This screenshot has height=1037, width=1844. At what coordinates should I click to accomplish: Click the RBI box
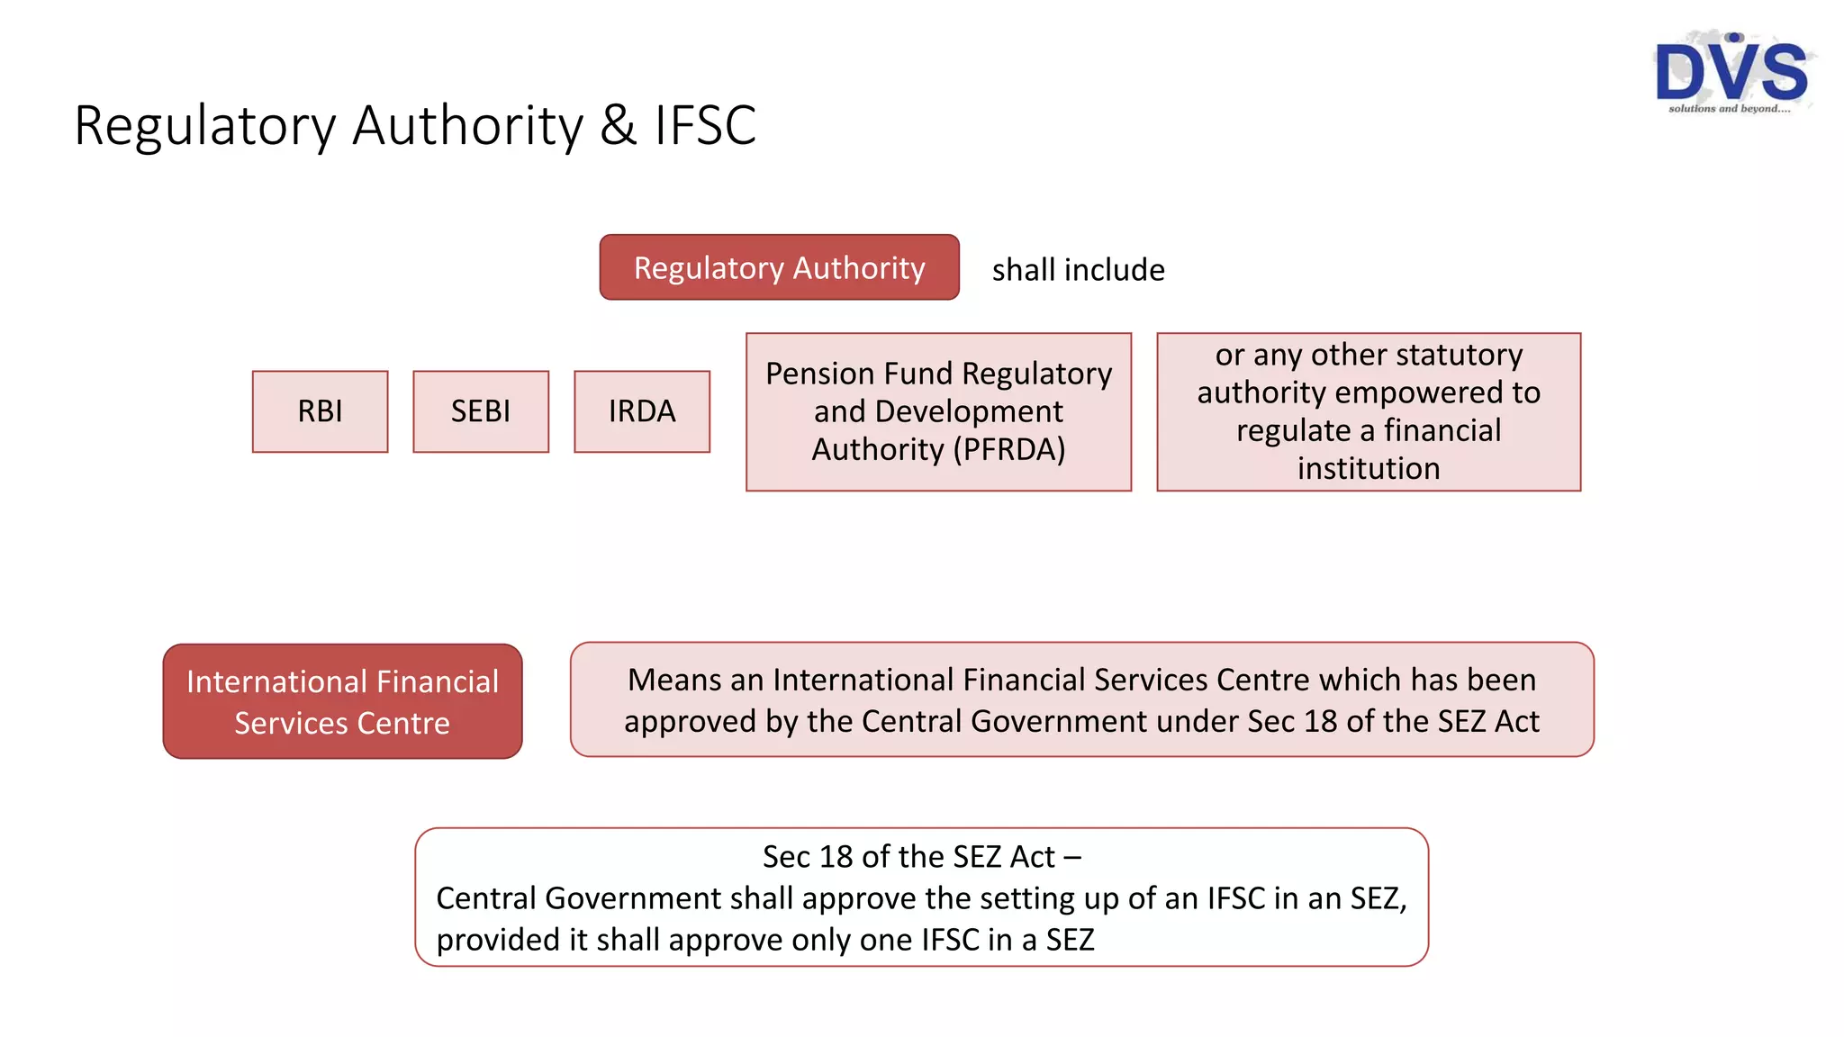point(320,411)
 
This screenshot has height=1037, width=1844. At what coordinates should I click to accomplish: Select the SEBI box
point(481,411)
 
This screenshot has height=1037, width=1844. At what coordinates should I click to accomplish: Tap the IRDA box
point(642,411)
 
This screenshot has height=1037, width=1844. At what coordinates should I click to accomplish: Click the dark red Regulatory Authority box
point(779,267)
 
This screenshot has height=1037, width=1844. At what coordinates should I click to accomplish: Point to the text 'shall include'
point(1078,270)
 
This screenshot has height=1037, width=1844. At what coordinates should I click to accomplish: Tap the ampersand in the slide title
point(618,125)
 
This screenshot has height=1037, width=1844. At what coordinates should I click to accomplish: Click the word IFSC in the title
point(705,125)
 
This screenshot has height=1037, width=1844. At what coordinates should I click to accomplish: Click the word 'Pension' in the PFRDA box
point(820,374)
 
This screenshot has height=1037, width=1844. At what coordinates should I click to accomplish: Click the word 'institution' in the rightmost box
point(1369,468)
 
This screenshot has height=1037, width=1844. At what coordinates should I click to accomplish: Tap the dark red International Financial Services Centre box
point(342,701)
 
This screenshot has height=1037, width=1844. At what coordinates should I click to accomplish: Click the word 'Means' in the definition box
point(674,680)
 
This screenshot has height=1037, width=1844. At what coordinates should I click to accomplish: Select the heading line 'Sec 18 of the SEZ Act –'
point(921,856)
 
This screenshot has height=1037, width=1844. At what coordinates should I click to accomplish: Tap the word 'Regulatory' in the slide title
point(205,125)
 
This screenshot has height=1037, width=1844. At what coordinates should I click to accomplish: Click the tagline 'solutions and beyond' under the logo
point(1729,109)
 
